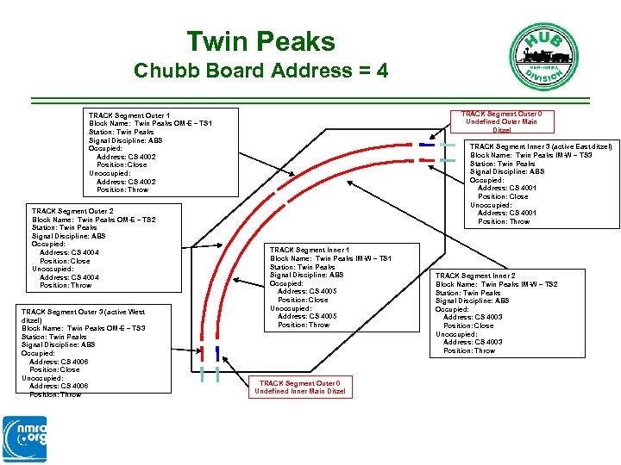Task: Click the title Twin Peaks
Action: coord(260,40)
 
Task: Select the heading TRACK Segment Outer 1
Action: coord(129,115)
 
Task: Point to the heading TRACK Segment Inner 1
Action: coord(310,250)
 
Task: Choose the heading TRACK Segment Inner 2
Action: coord(475,276)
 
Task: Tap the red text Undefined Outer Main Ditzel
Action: coord(501,121)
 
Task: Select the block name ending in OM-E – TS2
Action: coord(94,220)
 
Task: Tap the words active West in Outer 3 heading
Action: coord(123,312)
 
